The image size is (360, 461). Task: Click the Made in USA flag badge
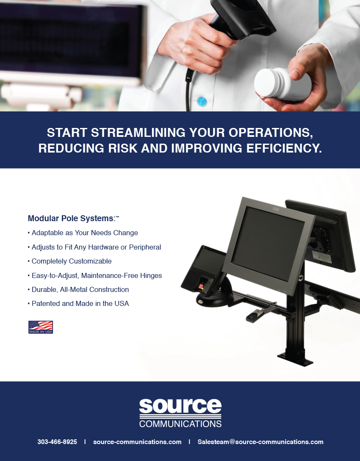41,327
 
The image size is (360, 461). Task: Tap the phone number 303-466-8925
57,442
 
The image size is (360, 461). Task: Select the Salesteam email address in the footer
260,442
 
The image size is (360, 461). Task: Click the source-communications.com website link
137,442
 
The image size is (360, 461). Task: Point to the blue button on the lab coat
202,102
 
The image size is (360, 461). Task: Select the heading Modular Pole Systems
71,219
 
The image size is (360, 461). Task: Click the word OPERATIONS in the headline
271,133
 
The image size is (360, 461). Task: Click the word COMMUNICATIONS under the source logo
180,424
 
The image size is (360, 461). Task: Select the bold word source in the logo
180,406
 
